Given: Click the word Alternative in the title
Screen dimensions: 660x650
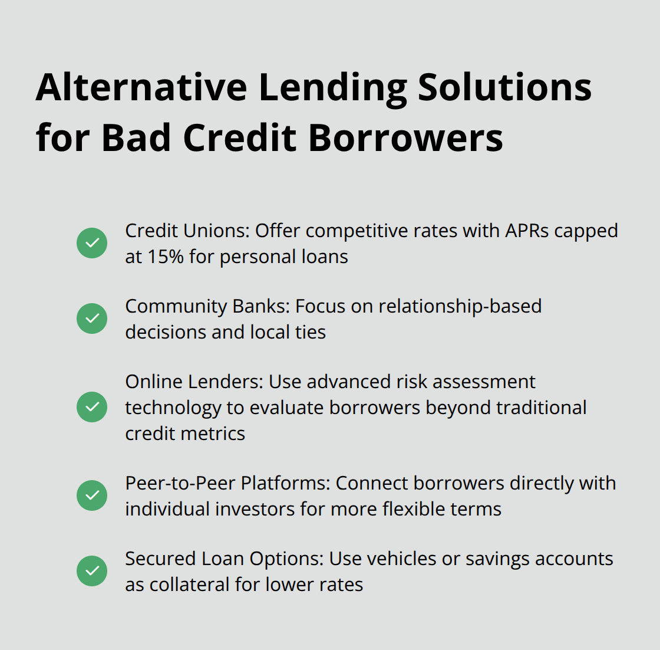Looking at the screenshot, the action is click(x=141, y=87).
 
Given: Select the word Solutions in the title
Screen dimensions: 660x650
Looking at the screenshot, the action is click(x=504, y=87).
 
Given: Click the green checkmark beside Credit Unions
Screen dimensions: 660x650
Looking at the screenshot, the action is click(x=92, y=243).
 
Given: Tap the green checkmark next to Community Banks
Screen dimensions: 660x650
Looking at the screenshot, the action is click(x=92, y=319).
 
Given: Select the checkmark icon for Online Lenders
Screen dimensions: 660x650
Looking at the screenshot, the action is click(x=92, y=407).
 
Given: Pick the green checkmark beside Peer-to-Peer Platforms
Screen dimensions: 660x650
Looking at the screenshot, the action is click(x=92, y=495).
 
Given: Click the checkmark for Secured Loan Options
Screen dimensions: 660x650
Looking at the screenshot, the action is click(x=92, y=571).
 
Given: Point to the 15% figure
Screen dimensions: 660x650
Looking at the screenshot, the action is click(x=166, y=257).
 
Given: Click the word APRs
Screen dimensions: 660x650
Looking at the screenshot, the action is click(x=527, y=231).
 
